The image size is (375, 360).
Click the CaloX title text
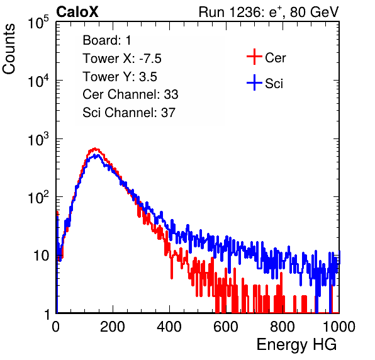(x=77, y=12)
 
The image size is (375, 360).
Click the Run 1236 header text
(x=269, y=12)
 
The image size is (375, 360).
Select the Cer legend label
(x=275, y=58)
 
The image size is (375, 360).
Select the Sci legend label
(x=274, y=84)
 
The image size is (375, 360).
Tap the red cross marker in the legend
(x=254, y=57)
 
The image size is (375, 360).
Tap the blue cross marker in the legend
(x=254, y=83)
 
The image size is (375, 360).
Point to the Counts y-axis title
(x=9, y=49)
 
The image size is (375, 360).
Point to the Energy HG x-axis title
(x=296, y=345)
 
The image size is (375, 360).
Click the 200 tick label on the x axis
(x=113, y=327)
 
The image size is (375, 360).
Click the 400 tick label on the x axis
(x=169, y=327)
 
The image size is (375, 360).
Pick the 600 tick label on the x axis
(x=226, y=327)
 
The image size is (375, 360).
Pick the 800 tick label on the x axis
(x=283, y=327)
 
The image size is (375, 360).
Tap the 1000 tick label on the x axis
(x=339, y=327)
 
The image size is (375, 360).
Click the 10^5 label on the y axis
(x=38, y=22)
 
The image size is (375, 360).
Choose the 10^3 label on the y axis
(x=38, y=139)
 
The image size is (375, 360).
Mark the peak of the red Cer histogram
(x=95, y=149)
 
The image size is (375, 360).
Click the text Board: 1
(x=107, y=40)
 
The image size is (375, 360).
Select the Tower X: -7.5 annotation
(x=122, y=59)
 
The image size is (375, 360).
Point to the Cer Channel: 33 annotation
(x=130, y=94)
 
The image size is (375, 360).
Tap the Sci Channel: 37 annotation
(x=129, y=113)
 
